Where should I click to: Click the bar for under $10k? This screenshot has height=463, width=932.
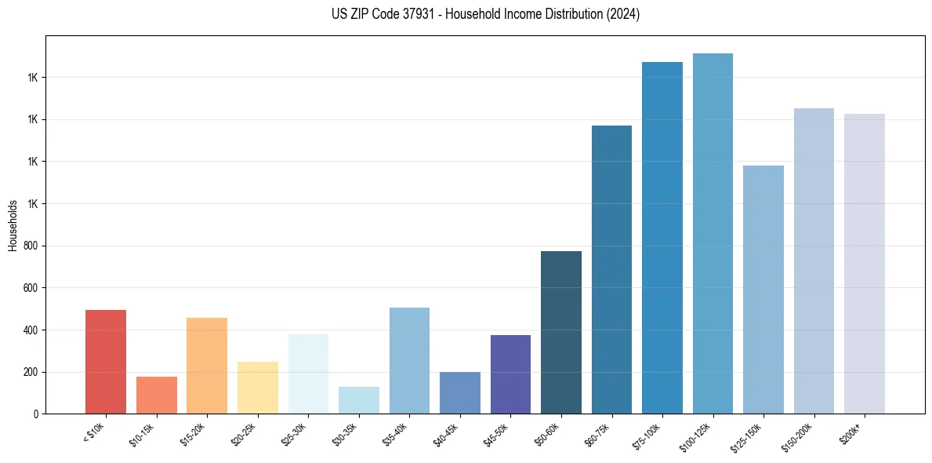click(x=106, y=362)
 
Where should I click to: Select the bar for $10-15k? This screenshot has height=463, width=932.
click(x=156, y=395)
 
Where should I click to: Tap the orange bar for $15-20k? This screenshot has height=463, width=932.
click(x=207, y=366)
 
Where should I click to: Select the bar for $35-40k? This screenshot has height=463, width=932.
click(x=409, y=360)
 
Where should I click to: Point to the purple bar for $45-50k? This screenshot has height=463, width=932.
click(x=510, y=374)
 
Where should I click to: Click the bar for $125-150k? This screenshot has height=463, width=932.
click(x=763, y=290)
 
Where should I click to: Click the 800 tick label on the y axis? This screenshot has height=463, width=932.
click(x=31, y=246)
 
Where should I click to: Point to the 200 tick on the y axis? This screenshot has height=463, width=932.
click(x=31, y=372)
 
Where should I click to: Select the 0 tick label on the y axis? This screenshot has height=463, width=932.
click(x=36, y=414)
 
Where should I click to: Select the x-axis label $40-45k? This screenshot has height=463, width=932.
click(x=446, y=435)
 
